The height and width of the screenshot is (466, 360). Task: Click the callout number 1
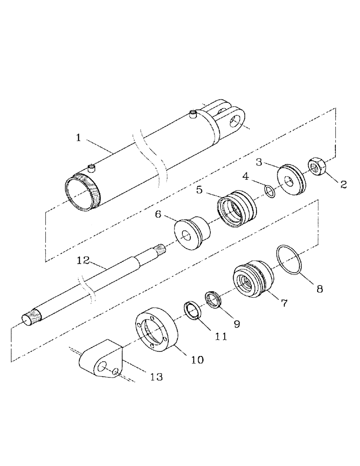click(x=79, y=138)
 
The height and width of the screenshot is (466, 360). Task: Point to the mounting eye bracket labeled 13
click(x=102, y=362)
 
